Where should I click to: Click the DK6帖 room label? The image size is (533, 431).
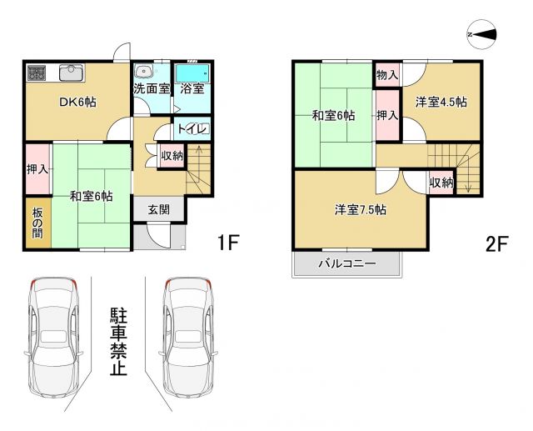[77, 103]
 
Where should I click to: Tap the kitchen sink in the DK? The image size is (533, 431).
[70, 73]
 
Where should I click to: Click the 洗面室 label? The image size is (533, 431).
[152, 88]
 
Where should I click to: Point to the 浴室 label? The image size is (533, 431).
[192, 88]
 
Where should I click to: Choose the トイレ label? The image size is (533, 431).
[192, 130]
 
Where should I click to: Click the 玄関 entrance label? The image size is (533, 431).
[159, 208]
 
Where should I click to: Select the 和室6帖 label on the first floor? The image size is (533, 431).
[92, 197]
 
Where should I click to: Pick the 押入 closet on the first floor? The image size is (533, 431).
[37, 169]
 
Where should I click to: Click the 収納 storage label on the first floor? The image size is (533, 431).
[172, 156]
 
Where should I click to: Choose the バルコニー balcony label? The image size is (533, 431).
[347, 264]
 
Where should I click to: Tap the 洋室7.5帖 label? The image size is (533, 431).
[360, 210]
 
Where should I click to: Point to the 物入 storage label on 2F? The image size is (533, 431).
[387, 76]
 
